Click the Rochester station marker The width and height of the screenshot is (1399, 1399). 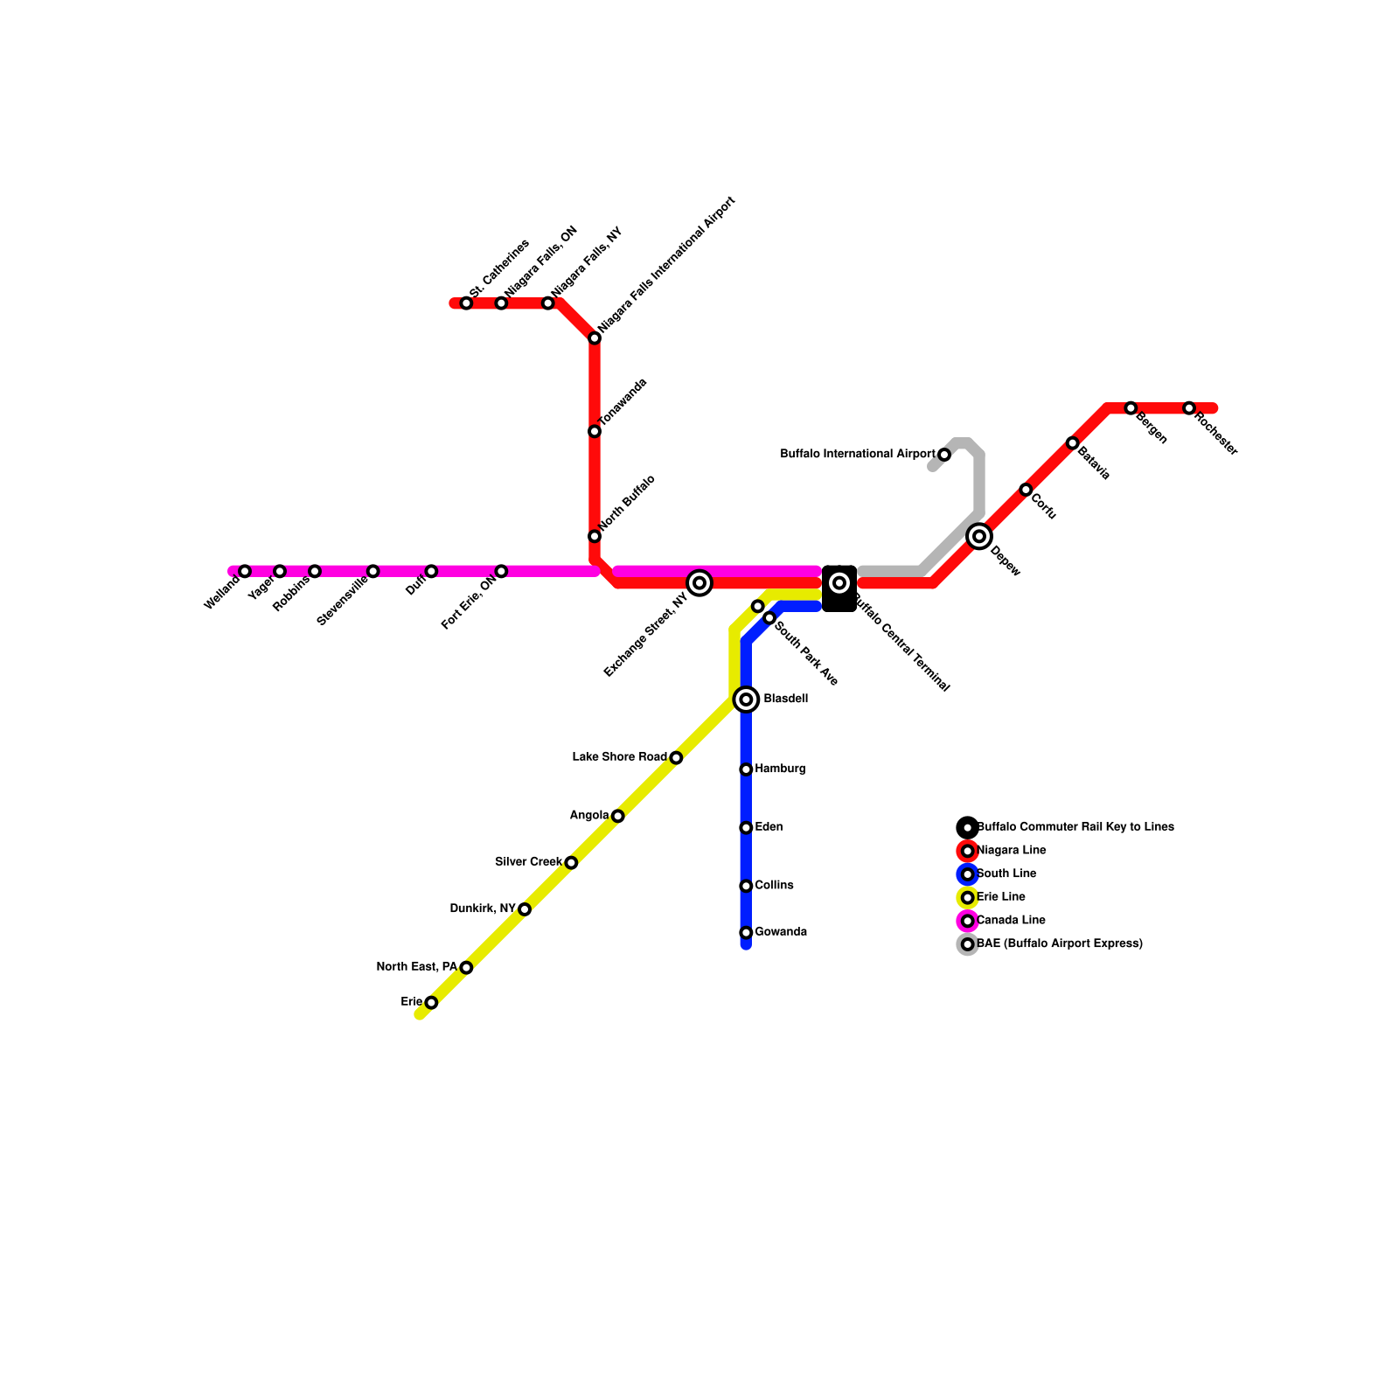pyautogui.click(x=1189, y=408)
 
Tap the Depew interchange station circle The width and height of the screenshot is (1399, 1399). pyautogui.click(x=979, y=536)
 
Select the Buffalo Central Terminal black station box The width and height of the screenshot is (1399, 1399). pyautogui.click(x=839, y=588)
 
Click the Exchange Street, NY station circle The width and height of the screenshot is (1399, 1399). pyautogui.click(x=699, y=583)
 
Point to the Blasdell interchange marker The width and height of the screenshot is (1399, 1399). pyautogui.click(x=746, y=699)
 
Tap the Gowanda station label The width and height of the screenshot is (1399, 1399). pyautogui.click(x=781, y=932)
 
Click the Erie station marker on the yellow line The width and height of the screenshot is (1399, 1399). pyautogui.click(x=431, y=1003)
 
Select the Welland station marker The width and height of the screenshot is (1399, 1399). pyautogui.click(x=245, y=571)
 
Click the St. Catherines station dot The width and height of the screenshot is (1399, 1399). pyautogui.click(x=466, y=303)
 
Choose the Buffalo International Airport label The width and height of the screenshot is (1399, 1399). pyautogui.click(x=857, y=455)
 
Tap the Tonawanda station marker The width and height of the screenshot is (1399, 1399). pyautogui.click(x=595, y=431)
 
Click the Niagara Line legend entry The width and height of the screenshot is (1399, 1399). pyautogui.click(x=1011, y=851)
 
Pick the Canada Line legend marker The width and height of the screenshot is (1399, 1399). pyautogui.click(x=967, y=921)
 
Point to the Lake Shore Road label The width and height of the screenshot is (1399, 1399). pyautogui.click(x=619, y=757)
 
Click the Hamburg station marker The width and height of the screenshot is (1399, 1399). pyautogui.click(x=746, y=769)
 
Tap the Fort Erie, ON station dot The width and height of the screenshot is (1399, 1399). pyautogui.click(x=501, y=571)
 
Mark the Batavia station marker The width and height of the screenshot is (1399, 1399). pyautogui.click(x=1073, y=443)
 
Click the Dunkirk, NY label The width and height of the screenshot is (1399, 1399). pyautogui.click(x=482, y=909)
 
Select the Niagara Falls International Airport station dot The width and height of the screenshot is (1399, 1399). pyautogui.click(x=595, y=338)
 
